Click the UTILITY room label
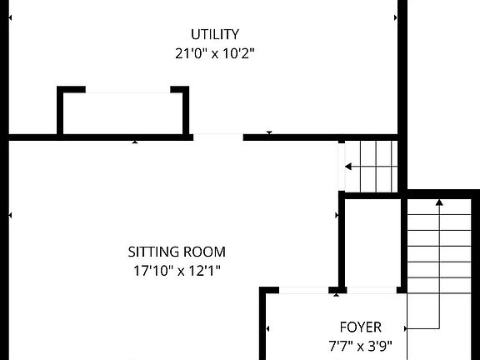(x=215, y=34)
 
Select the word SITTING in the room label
(x=154, y=251)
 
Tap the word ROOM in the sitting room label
(x=205, y=251)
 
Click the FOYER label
(x=360, y=327)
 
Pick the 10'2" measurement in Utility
(x=236, y=54)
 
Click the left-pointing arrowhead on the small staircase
(x=348, y=167)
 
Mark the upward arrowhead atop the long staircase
(x=439, y=202)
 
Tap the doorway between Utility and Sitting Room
(x=217, y=136)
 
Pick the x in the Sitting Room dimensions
(x=177, y=271)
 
